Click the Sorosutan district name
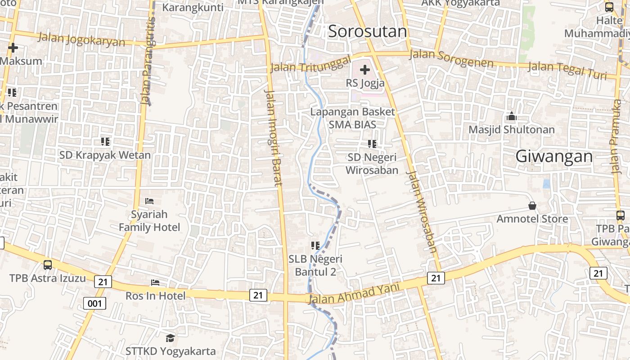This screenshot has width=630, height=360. pyautogui.click(x=367, y=31)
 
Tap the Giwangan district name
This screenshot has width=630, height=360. pyautogui.click(x=554, y=157)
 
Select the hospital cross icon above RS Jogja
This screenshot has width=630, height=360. pyautogui.click(x=365, y=70)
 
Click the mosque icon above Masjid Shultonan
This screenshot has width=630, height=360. pyautogui.click(x=511, y=117)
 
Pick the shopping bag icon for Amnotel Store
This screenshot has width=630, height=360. pyautogui.click(x=532, y=206)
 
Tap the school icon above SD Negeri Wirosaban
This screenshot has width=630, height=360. pyautogui.click(x=372, y=144)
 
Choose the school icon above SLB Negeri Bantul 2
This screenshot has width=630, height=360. pyautogui.click(x=315, y=246)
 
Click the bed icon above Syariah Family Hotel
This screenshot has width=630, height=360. pyautogui.click(x=149, y=201)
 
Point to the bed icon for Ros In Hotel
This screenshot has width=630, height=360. pyautogui.click(x=155, y=283)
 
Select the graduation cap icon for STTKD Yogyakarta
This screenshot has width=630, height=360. pyautogui.click(x=170, y=337)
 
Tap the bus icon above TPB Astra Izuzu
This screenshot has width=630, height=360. pyautogui.click(x=48, y=265)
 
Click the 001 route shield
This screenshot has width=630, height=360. pyautogui.click(x=94, y=303)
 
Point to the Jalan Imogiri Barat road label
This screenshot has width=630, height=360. pyautogui.click(x=274, y=138)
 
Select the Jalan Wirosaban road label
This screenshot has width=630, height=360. pyautogui.click(x=422, y=211)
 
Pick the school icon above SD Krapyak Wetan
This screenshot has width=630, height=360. pyautogui.click(x=105, y=142)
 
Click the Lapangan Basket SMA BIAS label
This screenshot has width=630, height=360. pyautogui.click(x=352, y=118)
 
